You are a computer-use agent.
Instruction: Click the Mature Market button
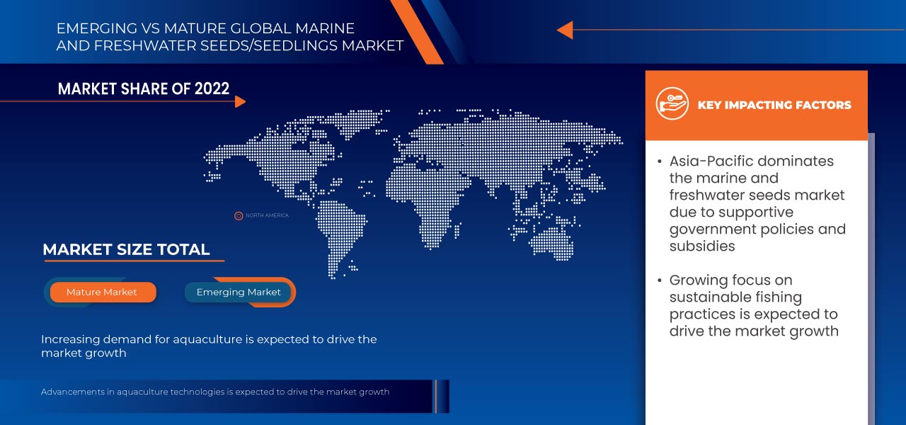103,293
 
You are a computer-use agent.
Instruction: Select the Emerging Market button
239,293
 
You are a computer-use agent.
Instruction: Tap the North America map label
267,215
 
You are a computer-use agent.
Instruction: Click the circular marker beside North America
239,216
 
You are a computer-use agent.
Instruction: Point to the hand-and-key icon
672,103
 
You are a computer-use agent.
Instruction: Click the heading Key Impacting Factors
774,106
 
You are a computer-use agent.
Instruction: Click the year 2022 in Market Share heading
212,89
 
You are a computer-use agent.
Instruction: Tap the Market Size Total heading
126,249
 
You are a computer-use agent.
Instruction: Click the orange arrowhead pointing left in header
565,30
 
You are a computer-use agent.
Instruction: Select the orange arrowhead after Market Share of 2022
240,101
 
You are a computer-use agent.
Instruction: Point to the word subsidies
702,246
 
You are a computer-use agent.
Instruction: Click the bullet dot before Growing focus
660,280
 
